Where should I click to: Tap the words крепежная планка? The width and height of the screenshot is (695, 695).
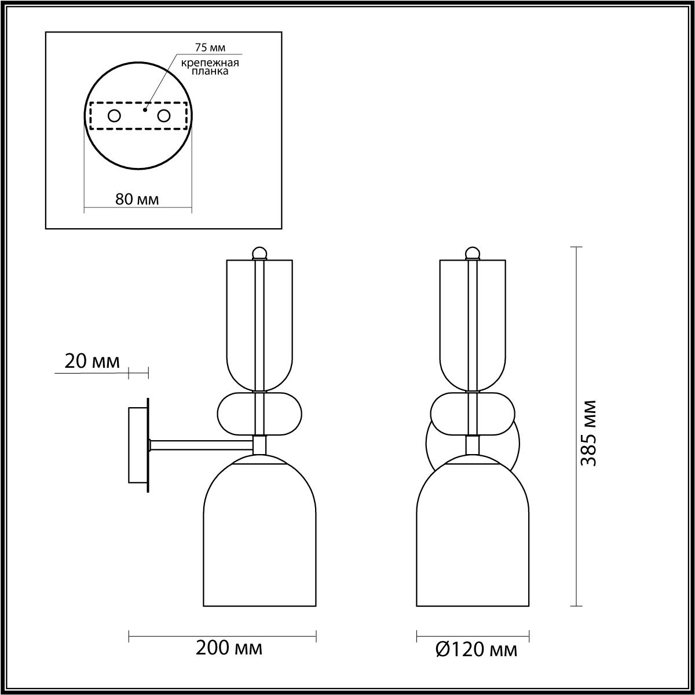(210, 67)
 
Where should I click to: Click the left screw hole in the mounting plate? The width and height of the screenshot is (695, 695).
(114, 116)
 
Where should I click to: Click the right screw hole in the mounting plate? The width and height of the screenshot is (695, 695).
(164, 116)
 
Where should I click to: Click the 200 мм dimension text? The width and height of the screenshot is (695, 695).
(229, 648)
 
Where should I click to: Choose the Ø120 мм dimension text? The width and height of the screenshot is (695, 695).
(475, 650)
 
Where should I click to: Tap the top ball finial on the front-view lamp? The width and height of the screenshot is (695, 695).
(473, 253)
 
